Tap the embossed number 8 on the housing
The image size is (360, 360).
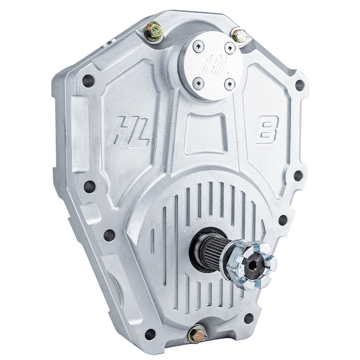tap(266, 128)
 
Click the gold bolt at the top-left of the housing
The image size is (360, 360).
tap(154, 29)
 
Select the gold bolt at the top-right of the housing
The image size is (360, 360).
tap(240, 35)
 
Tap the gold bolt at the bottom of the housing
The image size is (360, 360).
tap(196, 334)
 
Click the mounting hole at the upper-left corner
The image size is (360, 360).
tap(88, 80)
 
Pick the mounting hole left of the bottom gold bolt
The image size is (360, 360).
tap(151, 332)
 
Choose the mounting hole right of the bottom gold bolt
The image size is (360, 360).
tap(248, 317)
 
